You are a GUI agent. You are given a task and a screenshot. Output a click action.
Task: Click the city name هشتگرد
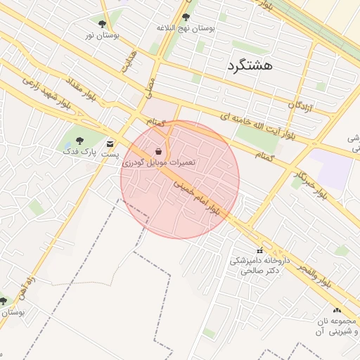point(250,66)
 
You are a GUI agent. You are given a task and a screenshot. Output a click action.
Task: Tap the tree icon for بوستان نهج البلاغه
point(186,17)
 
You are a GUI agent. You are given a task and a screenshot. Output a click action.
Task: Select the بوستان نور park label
point(103,34)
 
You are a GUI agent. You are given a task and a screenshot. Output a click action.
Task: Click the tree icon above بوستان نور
point(103,24)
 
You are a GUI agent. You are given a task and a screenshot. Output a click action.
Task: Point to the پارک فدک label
point(77,151)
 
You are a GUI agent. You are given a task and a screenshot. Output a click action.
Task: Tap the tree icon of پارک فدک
point(79,141)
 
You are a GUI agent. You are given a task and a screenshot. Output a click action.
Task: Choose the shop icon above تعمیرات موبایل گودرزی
point(159,151)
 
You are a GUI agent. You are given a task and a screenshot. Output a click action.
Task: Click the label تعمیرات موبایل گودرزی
point(160,162)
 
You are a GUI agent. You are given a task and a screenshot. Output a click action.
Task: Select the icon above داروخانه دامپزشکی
point(259,250)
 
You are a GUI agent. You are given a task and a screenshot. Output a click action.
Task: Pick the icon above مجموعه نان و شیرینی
point(337,310)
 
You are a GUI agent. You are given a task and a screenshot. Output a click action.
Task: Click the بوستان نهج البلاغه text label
point(186,28)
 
